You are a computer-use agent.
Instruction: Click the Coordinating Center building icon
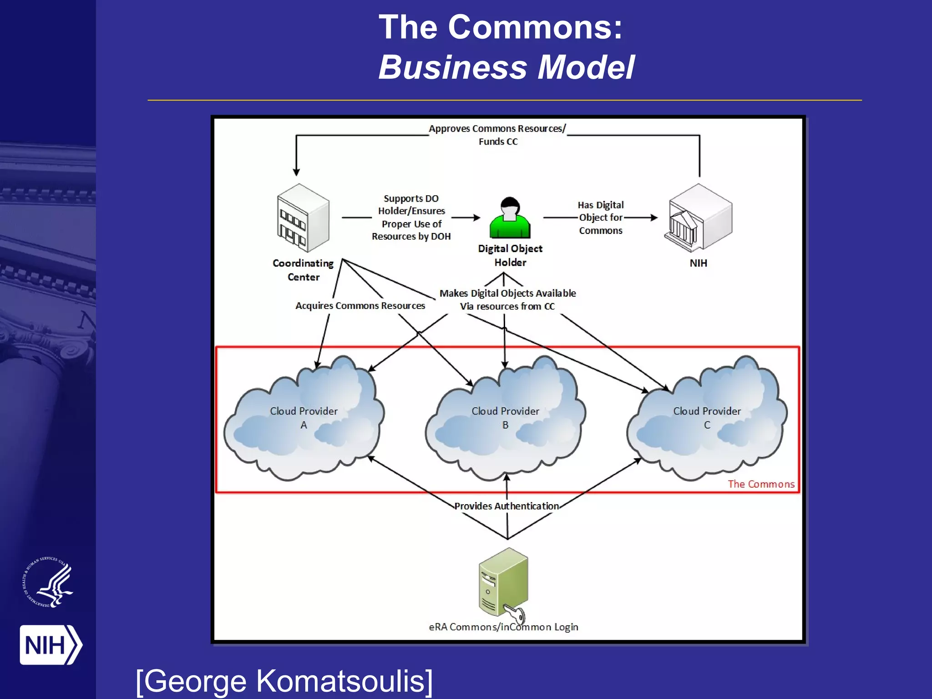coord(303,218)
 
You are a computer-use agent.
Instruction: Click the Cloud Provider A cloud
coord(304,419)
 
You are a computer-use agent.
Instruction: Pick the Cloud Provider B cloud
coord(505,419)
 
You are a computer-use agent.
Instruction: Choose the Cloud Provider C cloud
coord(707,419)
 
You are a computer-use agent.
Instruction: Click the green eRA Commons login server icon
coord(503,582)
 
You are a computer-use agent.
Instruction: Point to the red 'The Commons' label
coord(761,484)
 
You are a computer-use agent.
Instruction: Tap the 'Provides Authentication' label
coord(506,506)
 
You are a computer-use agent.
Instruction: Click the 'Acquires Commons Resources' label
coord(360,306)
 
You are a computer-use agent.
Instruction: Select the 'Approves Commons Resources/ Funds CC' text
coord(497,135)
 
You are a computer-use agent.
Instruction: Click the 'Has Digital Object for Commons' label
coord(601,218)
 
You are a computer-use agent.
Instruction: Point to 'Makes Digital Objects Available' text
coord(507,294)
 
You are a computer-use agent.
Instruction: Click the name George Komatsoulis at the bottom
coord(284,681)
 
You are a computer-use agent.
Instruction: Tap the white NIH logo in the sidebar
coord(50,645)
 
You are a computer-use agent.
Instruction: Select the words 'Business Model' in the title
coord(506,67)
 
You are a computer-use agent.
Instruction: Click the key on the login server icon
coord(516,614)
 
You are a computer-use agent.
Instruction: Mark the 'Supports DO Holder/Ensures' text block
coord(411,218)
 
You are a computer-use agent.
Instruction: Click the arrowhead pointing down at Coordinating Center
coord(296,172)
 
